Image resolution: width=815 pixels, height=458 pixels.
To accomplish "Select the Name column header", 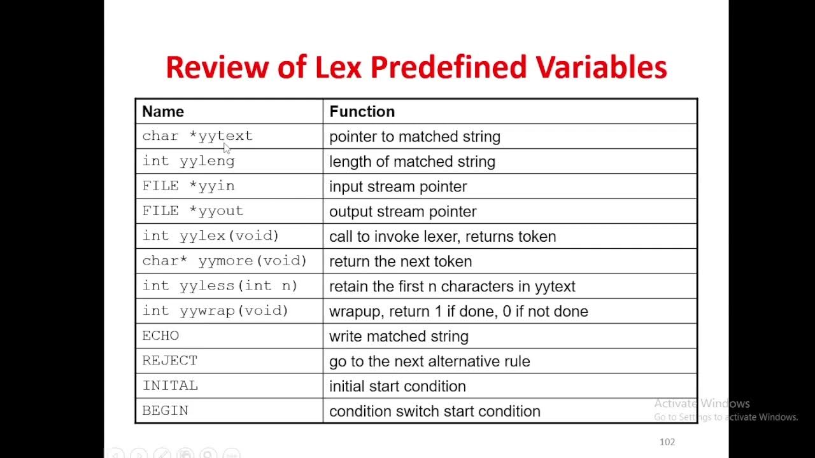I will click(x=163, y=111).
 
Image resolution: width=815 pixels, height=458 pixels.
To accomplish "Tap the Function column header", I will click(x=362, y=111).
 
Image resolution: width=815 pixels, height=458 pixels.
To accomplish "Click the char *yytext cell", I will click(x=197, y=136).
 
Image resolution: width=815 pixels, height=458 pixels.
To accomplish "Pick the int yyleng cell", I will click(x=188, y=161).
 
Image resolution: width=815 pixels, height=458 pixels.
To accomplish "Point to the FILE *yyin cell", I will click(x=188, y=186).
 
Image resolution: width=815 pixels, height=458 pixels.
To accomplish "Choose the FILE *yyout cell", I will click(x=193, y=211).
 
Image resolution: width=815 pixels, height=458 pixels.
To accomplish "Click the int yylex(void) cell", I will click(x=211, y=236).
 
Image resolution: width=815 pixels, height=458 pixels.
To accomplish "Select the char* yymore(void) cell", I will click(x=224, y=261).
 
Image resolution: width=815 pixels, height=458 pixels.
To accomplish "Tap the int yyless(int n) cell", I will click(x=220, y=286).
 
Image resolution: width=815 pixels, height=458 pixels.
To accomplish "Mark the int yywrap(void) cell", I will click(x=215, y=311).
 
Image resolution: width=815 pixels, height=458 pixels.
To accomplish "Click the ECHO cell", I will click(x=160, y=336).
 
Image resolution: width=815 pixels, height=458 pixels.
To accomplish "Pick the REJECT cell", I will click(x=169, y=361).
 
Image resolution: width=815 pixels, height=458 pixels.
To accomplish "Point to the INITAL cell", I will click(x=170, y=386).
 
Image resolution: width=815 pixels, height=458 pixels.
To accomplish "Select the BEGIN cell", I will click(x=165, y=411).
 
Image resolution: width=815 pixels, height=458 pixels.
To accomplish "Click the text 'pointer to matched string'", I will click(x=415, y=137).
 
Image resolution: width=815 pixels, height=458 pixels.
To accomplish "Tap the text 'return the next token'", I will click(x=400, y=261).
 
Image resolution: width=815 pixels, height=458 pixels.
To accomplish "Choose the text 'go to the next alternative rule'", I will click(x=429, y=361).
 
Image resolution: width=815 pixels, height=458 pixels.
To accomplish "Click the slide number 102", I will click(x=667, y=442).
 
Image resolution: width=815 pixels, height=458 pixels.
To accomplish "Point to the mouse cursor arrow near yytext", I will click(x=227, y=148).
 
